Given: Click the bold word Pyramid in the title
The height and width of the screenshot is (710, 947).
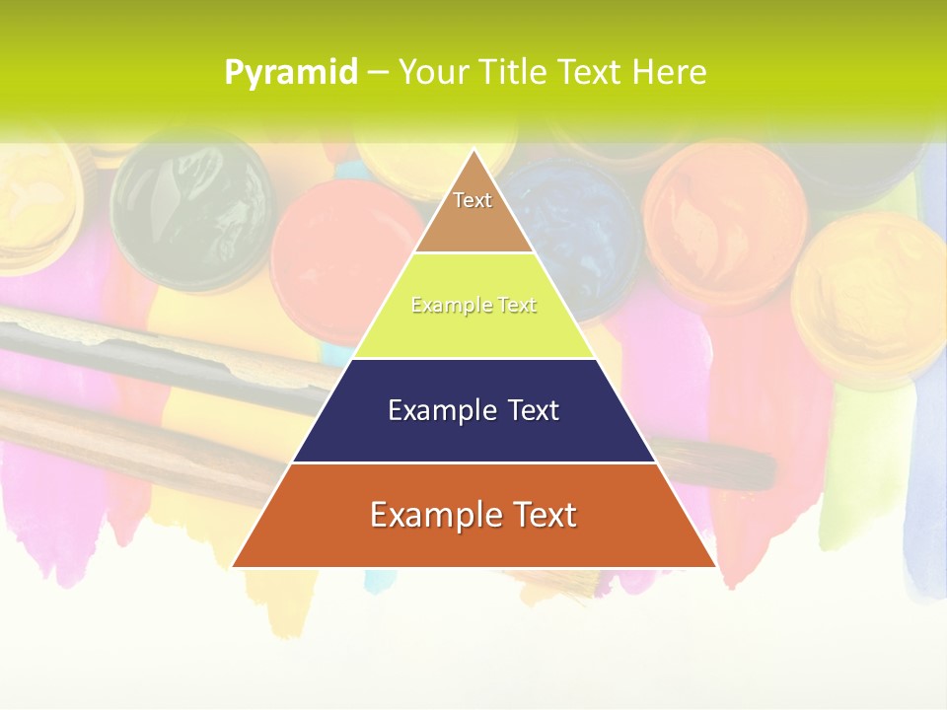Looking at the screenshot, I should click(291, 73).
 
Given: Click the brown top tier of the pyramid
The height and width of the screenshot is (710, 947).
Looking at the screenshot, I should click(473, 222).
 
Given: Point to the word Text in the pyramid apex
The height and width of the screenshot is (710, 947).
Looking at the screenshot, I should click(473, 200).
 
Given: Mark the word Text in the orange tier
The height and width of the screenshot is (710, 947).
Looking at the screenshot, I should click(538, 515).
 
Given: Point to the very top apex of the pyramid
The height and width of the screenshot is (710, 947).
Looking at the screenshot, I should click(474, 151).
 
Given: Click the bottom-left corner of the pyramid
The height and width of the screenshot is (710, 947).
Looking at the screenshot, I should click(234, 566).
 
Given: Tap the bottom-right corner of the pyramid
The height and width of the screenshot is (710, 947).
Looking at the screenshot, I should click(714, 566).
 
